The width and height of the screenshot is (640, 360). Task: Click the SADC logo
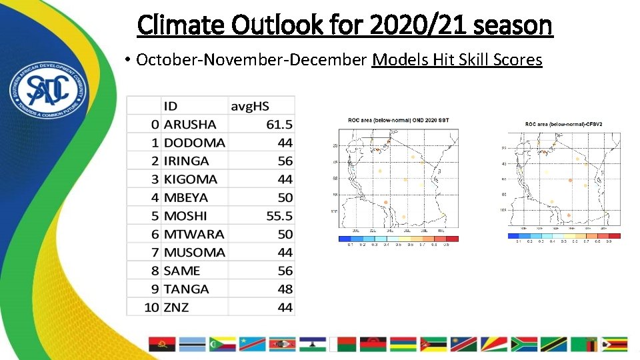coord(45,95)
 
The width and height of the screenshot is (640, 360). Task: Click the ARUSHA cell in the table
coord(190,124)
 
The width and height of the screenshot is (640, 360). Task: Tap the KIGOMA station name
coord(191,179)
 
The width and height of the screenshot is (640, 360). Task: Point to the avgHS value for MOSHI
coord(279,216)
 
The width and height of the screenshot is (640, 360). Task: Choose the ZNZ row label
coord(177,307)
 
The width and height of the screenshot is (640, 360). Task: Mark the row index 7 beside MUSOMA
coord(155,253)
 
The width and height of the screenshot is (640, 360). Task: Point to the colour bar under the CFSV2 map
coord(563,235)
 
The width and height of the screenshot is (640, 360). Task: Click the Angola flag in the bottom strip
coord(162,344)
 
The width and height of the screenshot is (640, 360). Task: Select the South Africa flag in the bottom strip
coord(524,344)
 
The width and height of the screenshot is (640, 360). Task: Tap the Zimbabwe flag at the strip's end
coord(614,344)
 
